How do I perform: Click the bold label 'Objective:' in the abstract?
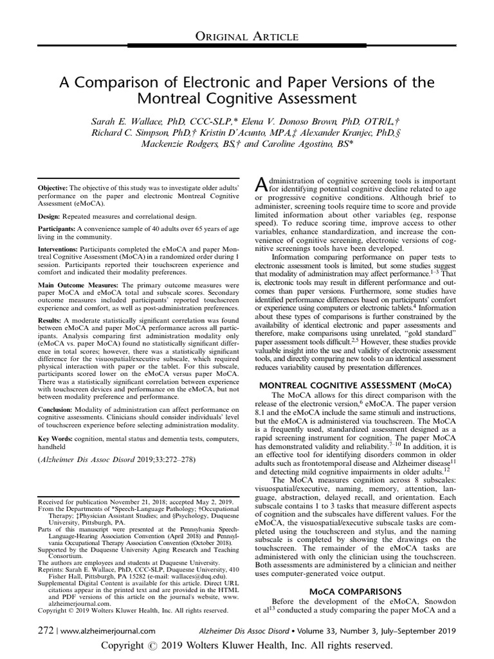[x=57, y=187]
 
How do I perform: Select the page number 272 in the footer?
[x=46, y=632]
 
